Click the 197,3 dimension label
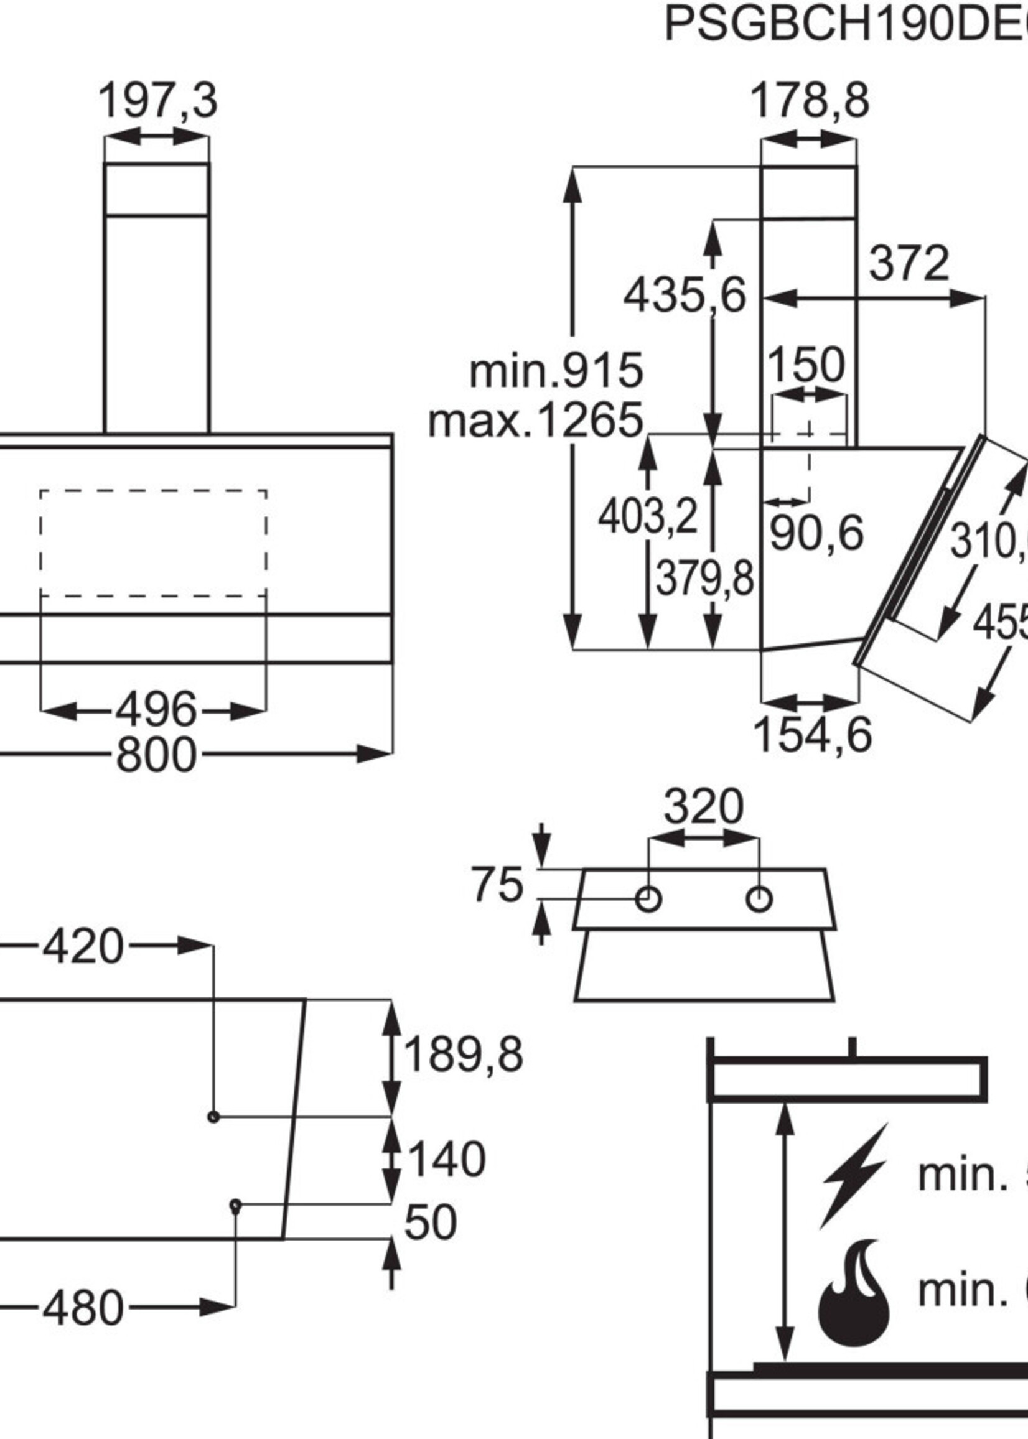[x=157, y=100]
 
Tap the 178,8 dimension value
[x=810, y=100]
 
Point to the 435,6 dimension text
[x=685, y=296]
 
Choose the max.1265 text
[x=536, y=420]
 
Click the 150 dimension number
[x=806, y=365]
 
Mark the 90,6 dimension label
[x=816, y=533]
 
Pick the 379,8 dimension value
[x=704, y=579]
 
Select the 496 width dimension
[x=156, y=709]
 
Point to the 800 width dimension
[x=156, y=755]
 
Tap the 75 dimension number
[x=497, y=884]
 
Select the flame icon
[x=854, y=1290]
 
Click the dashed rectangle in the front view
[x=153, y=543]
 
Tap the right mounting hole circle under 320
[x=759, y=899]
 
